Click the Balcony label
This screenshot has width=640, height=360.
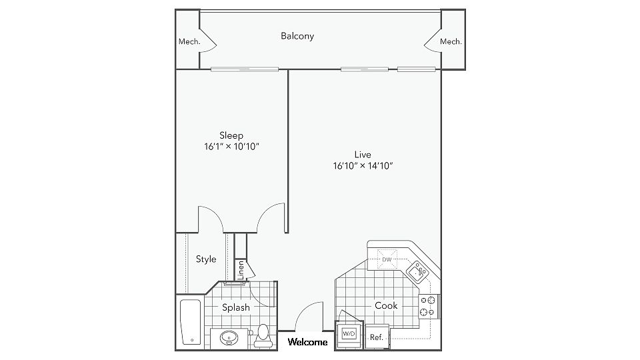[x=297, y=36]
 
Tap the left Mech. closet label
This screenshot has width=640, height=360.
[x=189, y=41]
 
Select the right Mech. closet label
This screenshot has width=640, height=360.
[x=451, y=41]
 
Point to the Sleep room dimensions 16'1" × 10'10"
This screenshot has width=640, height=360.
[x=231, y=147]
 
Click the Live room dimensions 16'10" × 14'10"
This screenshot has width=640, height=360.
[x=363, y=166]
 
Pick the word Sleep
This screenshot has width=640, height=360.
[x=231, y=135]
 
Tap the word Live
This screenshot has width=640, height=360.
[x=363, y=155]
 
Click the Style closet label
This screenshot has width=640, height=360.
[x=206, y=259]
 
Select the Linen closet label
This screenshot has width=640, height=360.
[x=241, y=270]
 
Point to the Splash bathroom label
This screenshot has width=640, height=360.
[x=236, y=307]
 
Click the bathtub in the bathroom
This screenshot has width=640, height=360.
[x=190, y=322]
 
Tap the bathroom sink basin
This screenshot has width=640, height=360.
[x=229, y=338]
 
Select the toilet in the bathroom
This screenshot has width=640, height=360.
[x=263, y=335]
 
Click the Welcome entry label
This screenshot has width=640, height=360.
[x=307, y=342]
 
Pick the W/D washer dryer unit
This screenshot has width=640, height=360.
[x=349, y=334]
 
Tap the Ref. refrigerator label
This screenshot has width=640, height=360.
[x=376, y=337]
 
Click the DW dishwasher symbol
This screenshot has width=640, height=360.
[x=387, y=259]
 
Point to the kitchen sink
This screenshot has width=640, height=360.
[x=417, y=271]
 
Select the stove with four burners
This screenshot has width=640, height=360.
[x=429, y=307]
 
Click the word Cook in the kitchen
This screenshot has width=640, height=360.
[x=386, y=305]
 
